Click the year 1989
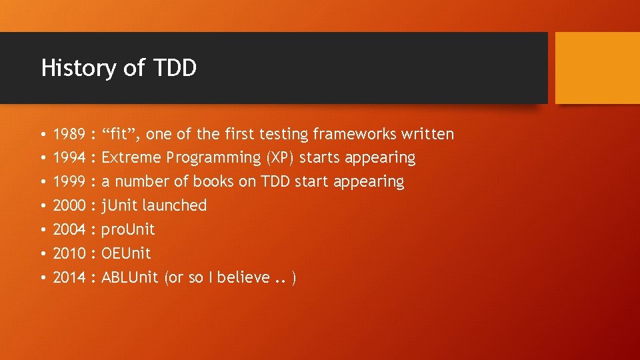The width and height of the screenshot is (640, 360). pos(69,135)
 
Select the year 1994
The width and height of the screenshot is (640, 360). pos(69,158)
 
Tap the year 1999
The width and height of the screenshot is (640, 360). pos(69,182)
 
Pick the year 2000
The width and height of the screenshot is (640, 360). pos(69,205)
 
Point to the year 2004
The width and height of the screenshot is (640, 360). pos(69,229)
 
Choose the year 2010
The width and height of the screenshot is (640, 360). pos(69,253)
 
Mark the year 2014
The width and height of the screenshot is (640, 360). pos(69,277)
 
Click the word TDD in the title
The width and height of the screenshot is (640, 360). pos(175,68)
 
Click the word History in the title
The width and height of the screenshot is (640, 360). pos(77,68)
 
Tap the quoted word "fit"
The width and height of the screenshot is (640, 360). pos(121,135)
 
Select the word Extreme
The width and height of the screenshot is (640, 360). pos(131,158)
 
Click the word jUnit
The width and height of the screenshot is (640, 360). pos(120,205)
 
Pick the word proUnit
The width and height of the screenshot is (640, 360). pos(128,229)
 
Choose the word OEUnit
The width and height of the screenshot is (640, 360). pos(126,253)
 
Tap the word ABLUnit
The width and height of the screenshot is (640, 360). pos(130,277)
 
